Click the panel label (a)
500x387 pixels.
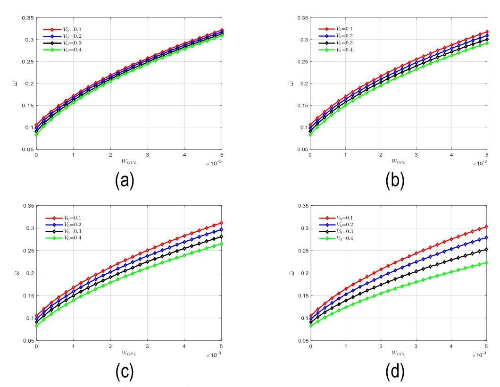125,181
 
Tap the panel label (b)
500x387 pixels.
395,181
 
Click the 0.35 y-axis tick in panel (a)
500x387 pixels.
27,18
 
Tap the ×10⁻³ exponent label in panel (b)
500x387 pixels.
479,163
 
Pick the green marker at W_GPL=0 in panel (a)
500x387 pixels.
36,135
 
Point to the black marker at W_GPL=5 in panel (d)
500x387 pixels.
487,250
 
